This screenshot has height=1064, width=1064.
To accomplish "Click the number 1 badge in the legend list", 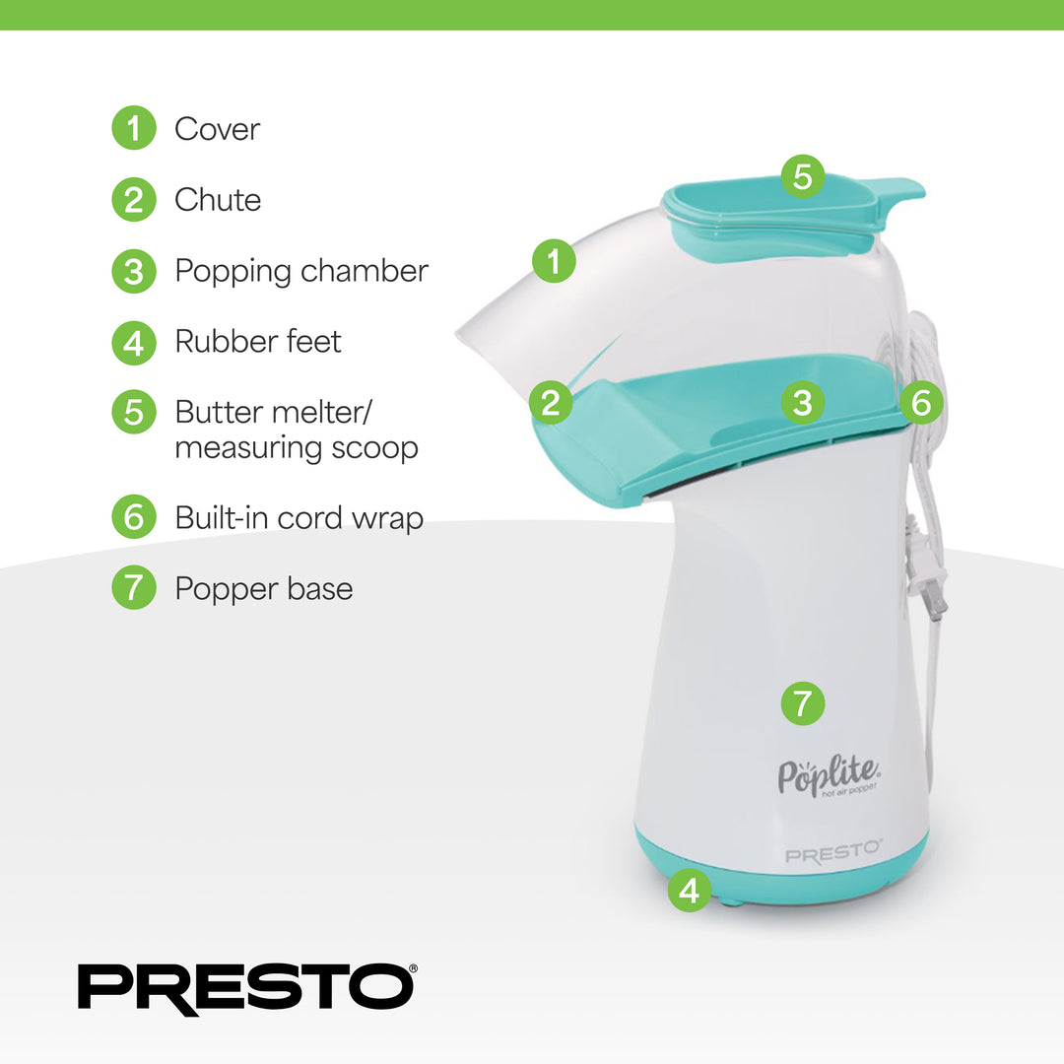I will (x=134, y=128).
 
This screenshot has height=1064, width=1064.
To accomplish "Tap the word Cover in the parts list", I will (x=217, y=129).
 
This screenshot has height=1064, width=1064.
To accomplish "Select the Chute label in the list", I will (x=218, y=200).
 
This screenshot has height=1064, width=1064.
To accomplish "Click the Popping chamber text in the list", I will (x=301, y=271).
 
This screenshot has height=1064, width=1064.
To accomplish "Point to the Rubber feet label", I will (x=258, y=342).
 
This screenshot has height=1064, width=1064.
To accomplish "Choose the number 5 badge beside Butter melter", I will (x=134, y=411).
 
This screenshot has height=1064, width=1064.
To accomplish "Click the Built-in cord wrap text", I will (x=299, y=517).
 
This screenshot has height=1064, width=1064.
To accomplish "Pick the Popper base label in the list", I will (x=263, y=588).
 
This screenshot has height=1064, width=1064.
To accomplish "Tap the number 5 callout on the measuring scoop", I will (x=803, y=176).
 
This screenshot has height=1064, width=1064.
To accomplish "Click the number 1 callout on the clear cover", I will (x=554, y=261).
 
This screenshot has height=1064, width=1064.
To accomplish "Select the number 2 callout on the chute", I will (x=551, y=403).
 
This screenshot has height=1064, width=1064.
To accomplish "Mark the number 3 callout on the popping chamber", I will (x=803, y=402).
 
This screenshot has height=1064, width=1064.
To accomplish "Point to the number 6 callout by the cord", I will (x=921, y=402).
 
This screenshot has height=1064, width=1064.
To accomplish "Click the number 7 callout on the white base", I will (x=803, y=702).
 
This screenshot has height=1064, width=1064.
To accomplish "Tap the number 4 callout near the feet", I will (x=690, y=891).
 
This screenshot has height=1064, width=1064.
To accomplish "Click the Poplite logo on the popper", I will (x=828, y=776).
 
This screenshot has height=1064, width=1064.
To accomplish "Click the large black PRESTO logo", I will (x=246, y=988).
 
